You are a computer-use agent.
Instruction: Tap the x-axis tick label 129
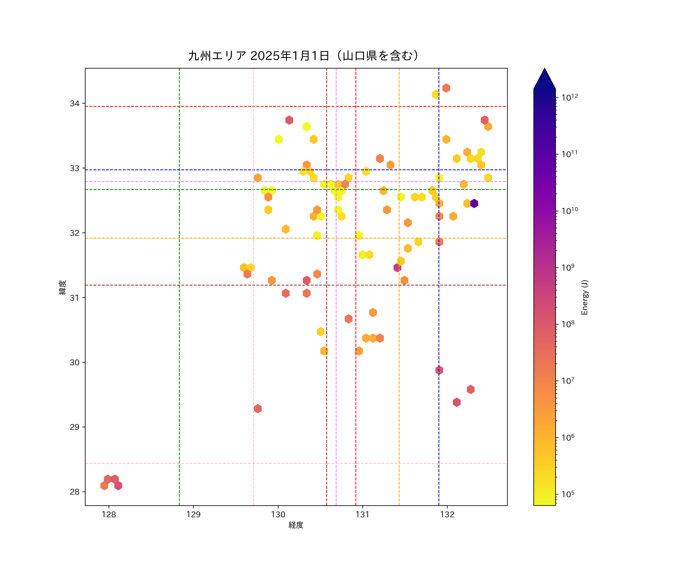pyautogui.click(x=193, y=514)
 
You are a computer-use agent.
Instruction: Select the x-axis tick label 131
pyautogui.click(x=363, y=514)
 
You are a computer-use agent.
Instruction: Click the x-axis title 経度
pyautogui.click(x=296, y=525)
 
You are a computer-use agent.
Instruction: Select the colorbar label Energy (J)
pyautogui.click(x=584, y=297)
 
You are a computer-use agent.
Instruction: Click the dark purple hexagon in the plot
pyautogui.click(x=474, y=204)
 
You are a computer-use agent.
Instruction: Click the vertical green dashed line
pyautogui.click(x=179, y=325)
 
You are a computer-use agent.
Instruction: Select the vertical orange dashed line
pyautogui.click(x=399, y=325)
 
